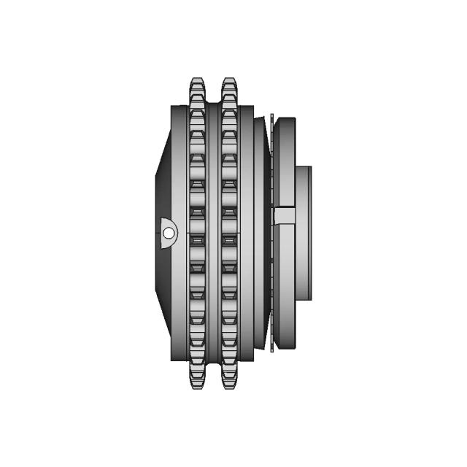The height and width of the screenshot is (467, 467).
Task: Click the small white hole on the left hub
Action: pyautogui.click(x=169, y=233)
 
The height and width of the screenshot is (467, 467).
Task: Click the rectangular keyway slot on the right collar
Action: pyautogui.click(x=285, y=216)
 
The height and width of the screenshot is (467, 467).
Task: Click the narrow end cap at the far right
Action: pyautogui.click(x=309, y=233)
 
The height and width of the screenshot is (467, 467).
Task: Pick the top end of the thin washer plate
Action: pyautogui.click(x=271, y=117)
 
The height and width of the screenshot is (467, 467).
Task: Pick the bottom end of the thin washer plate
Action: pyautogui.click(x=271, y=349)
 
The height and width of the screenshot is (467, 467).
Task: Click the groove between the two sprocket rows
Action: pyautogui.click(x=213, y=233)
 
